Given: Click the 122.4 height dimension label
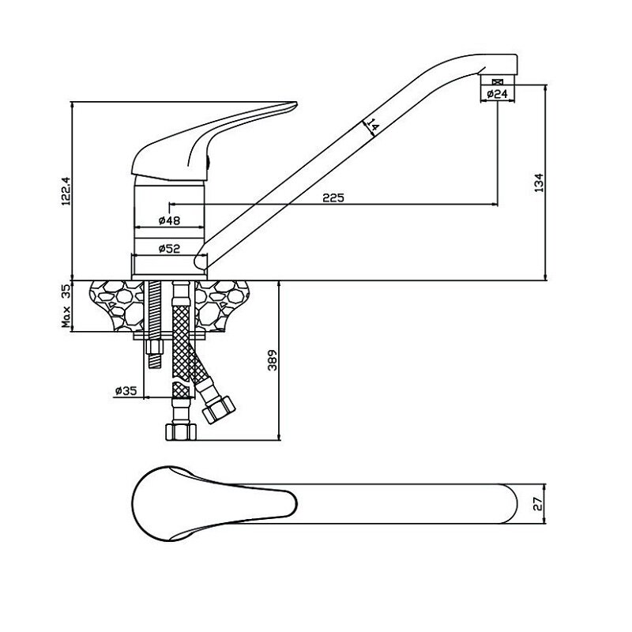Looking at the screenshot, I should click(67, 190).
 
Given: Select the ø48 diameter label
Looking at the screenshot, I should click(171, 220).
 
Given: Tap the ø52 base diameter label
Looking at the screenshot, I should click(170, 248).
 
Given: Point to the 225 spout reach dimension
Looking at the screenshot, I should click(333, 198).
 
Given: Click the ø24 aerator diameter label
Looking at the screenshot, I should click(497, 94).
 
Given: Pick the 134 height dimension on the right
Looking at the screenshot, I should click(540, 182).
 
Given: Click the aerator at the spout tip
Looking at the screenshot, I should click(497, 82).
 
